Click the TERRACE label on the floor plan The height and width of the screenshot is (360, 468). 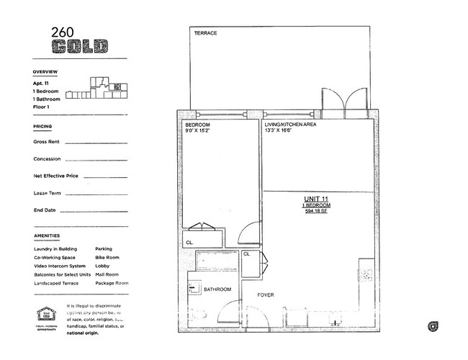tap(205, 33)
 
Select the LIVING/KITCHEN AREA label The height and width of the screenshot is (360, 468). tap(290, 125)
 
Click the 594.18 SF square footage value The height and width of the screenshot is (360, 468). tap(315, 212)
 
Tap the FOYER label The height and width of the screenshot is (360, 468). tap(266, 295)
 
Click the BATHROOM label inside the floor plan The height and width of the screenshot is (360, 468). tap(217, 289)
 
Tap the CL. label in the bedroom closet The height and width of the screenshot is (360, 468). tap(189, 243)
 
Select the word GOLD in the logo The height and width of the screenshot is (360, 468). tap(79, 48)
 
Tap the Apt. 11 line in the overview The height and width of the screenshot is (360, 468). tap(42, 84)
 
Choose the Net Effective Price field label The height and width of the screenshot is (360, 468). tap(55, 176)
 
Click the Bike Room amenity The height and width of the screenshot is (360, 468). tap(107, 257)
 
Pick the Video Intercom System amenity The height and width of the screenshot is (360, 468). tap(60, 266)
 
